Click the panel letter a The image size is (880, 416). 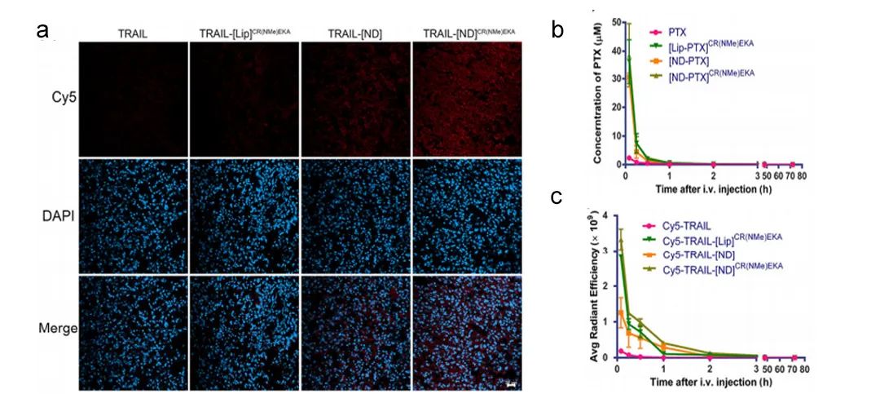43,33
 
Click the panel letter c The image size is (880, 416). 557,198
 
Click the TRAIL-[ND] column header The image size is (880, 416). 355,33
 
